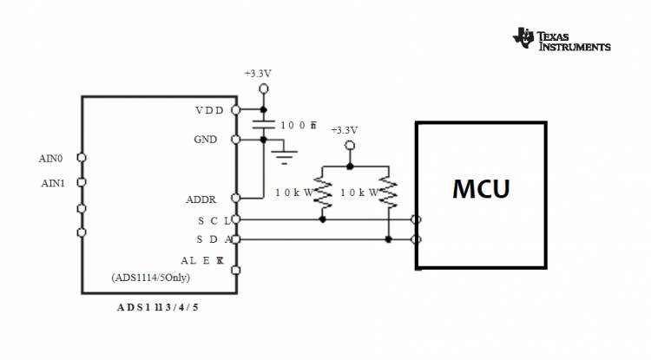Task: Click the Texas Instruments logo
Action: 562,39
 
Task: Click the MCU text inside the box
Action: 480,188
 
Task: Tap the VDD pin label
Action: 208,110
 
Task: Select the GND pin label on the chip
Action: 207,140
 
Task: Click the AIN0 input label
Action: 51,158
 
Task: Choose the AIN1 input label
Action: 51,183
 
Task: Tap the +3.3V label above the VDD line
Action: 258,75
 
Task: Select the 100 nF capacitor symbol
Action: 263,125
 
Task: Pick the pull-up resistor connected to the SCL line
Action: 323,193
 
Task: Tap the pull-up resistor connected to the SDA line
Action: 388,193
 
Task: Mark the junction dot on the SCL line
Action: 323,219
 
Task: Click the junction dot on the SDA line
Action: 388,239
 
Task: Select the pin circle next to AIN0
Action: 82,158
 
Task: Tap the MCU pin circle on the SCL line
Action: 418,219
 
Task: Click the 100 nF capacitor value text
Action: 298,125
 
